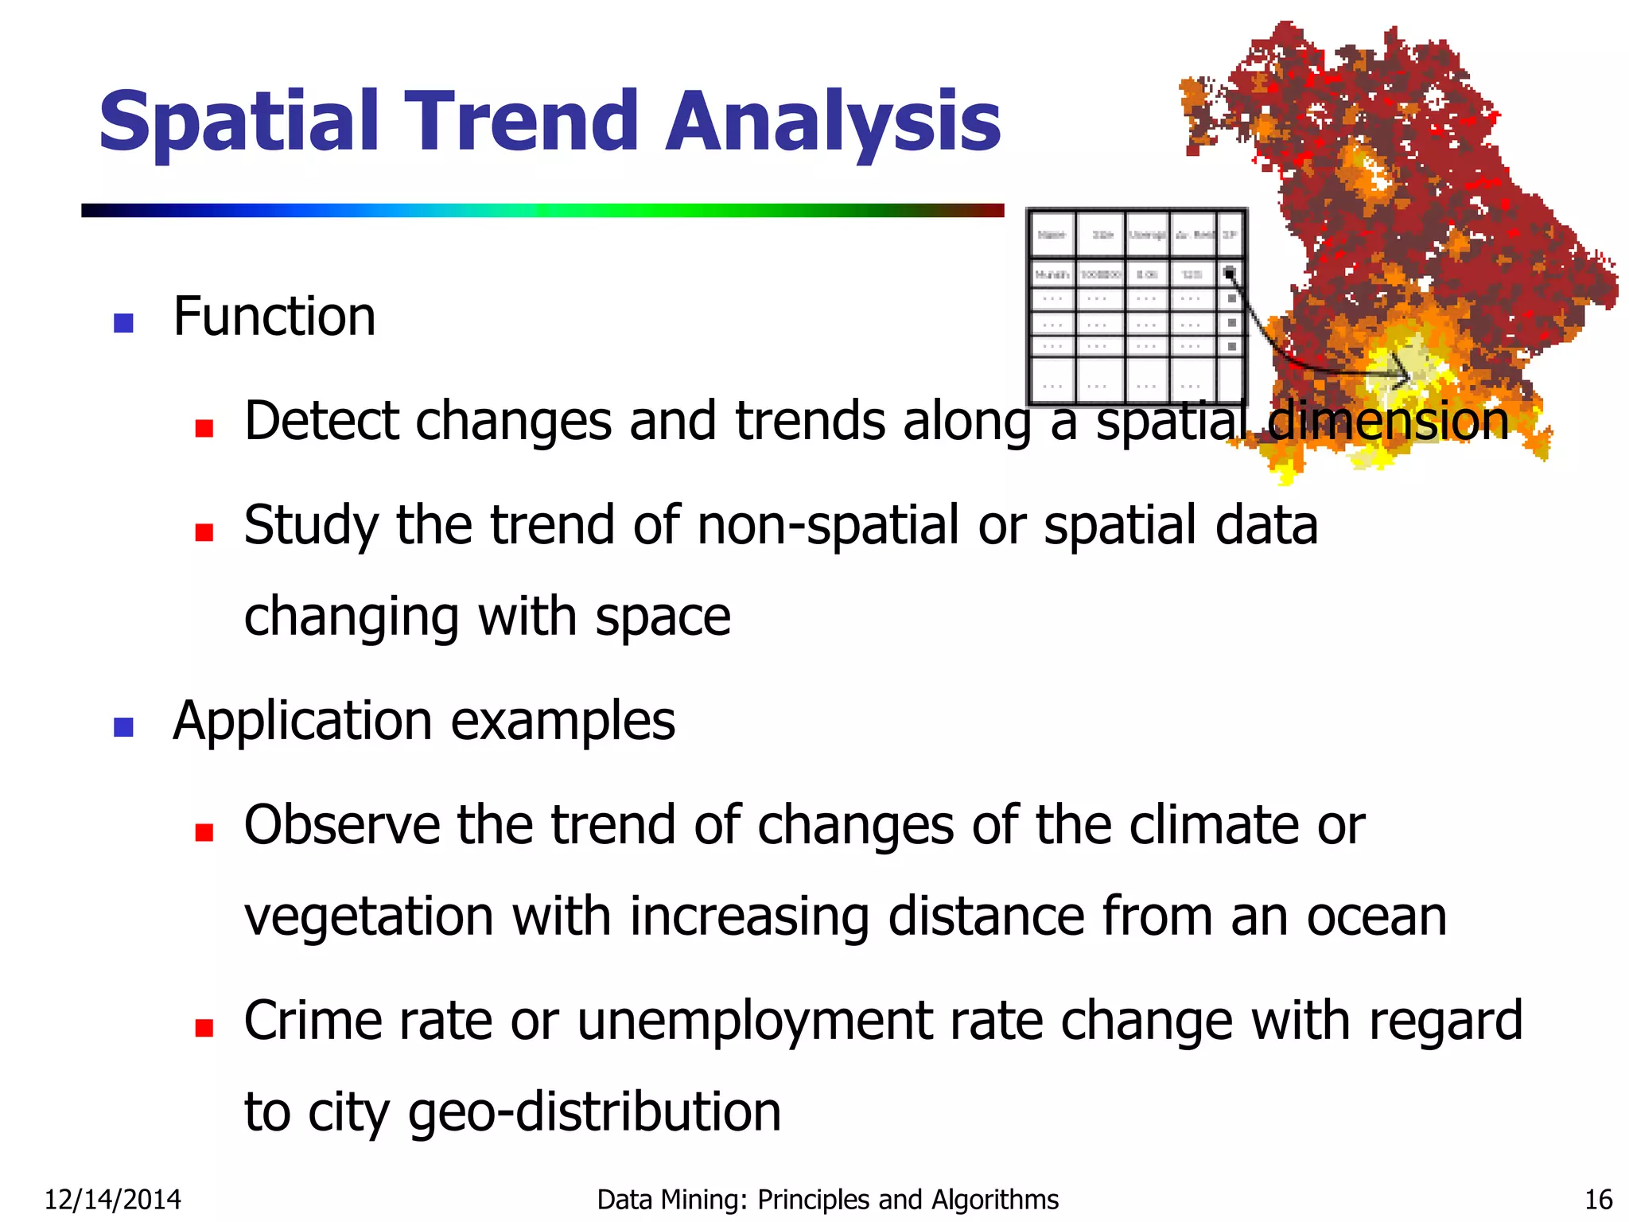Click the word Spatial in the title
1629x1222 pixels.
coord(239,123)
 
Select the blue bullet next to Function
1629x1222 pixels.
coord(123,322)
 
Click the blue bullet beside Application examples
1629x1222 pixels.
coord(123,726)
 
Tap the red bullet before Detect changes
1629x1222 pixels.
coord(204,428)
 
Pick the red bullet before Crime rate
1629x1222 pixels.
coord(204,1027)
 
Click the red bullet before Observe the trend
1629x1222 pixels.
coord(204,831)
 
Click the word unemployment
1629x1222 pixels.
coord(754,1022)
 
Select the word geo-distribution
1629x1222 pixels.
coord(594,1112)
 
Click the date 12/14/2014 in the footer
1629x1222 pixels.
coord(112,1199)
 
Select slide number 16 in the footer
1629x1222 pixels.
coord(1598,1199)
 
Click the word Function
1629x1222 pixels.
coord(274,317)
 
